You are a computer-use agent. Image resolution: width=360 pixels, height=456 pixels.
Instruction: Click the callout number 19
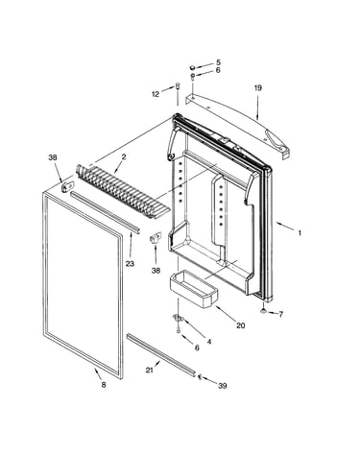click(x=258, y=87)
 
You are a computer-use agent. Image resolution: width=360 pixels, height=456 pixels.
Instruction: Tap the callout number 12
click(x=156, y=94)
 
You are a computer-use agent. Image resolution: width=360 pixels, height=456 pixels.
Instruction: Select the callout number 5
click(x=218, y=62)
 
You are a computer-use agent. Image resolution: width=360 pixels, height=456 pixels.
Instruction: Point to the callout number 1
click(x=300, y=233)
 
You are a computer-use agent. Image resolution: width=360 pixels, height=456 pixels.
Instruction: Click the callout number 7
click(x=280, y=314)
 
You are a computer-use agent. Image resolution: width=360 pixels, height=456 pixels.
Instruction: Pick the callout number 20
click(x=241, y=325)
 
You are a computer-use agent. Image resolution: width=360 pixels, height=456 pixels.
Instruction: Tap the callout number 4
click(x=209, y=342)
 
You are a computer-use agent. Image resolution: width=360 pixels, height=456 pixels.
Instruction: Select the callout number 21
click(x=149, y=370)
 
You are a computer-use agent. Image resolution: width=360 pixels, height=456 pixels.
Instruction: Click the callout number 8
click(x=104, y=385)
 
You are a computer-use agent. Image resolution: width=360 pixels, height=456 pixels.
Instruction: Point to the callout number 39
click(x=223, y=386)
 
